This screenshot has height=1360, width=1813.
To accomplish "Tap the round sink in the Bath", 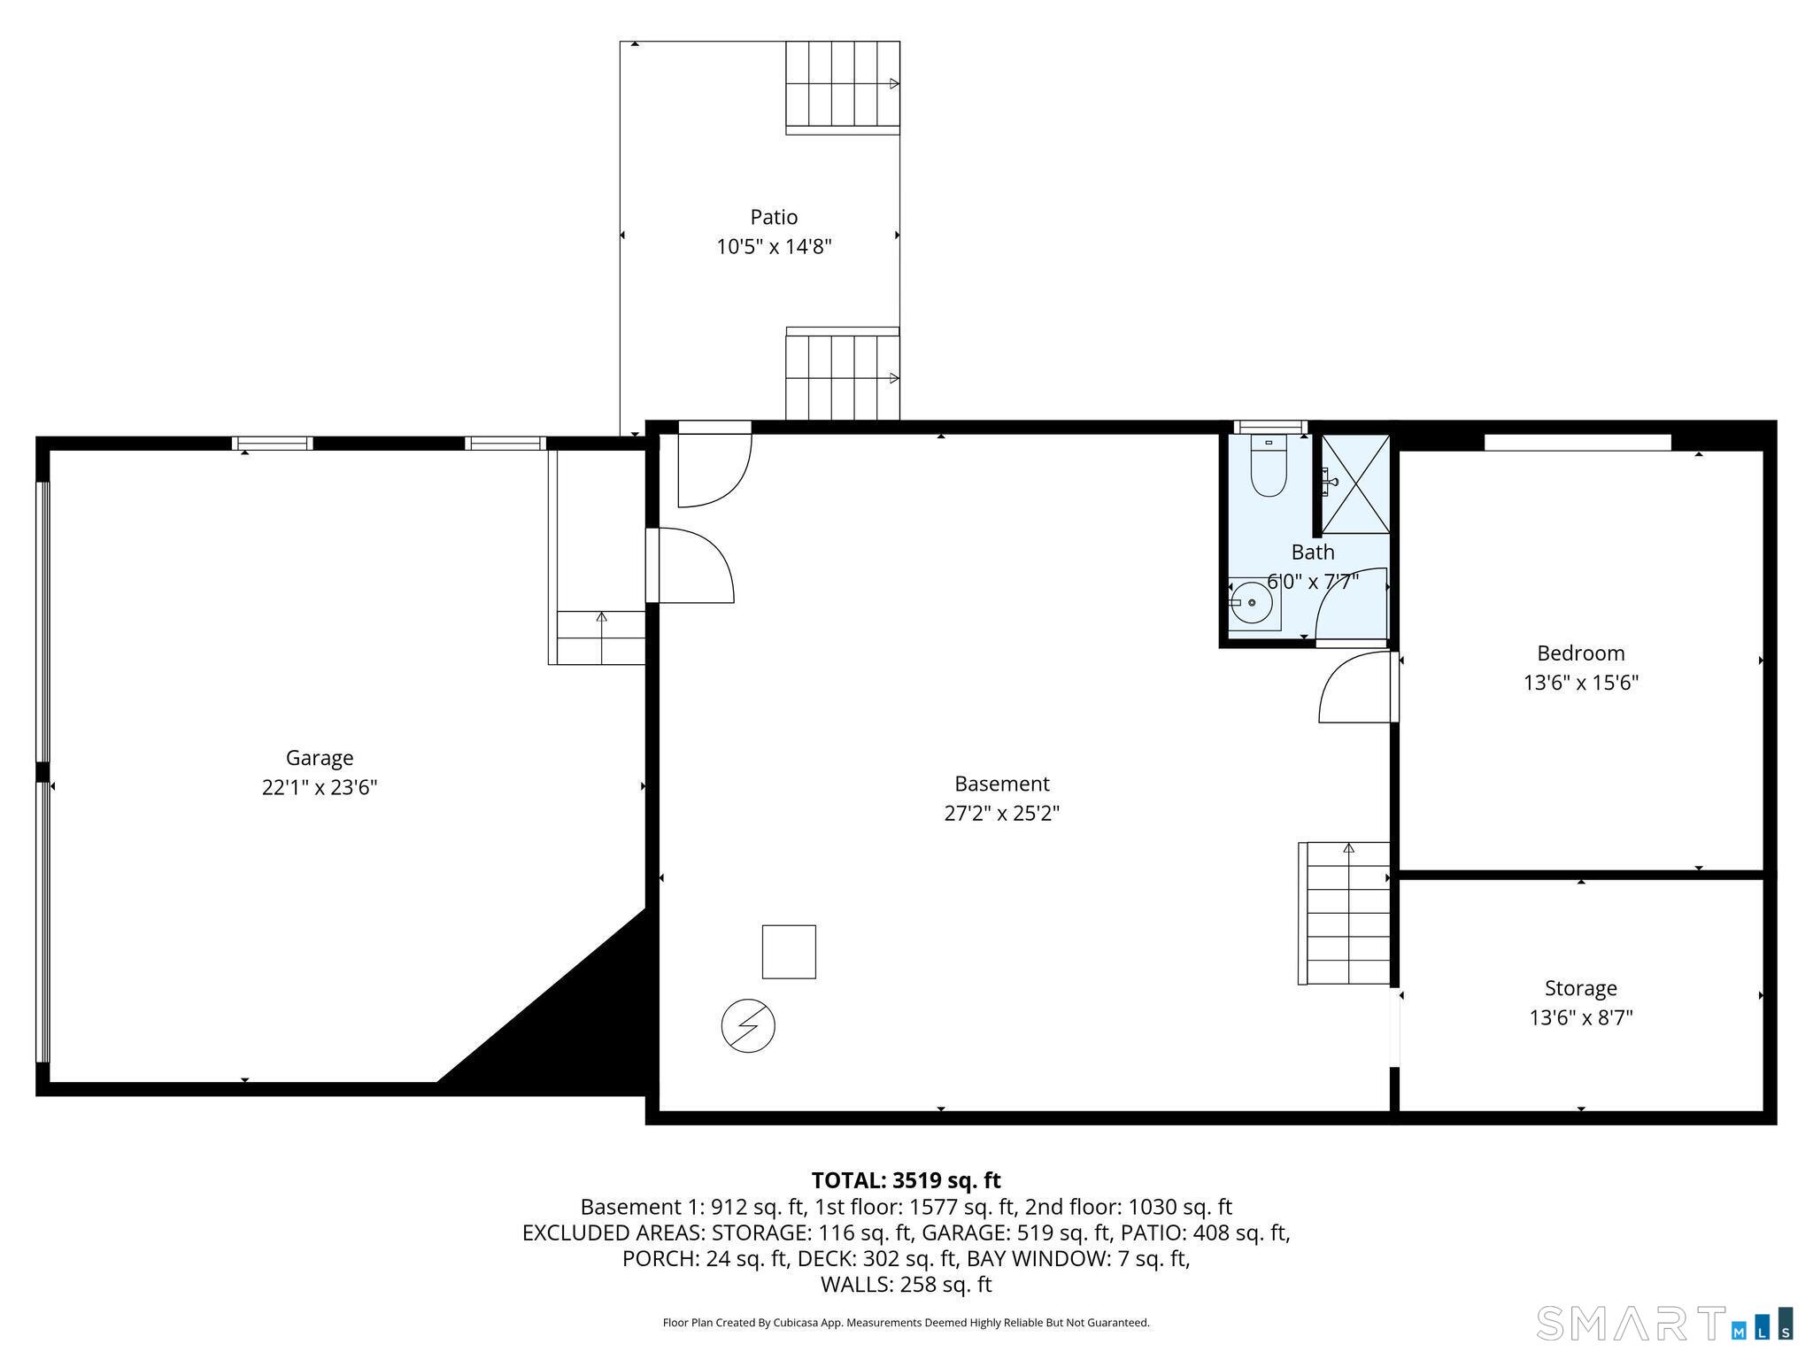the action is (1252, 603).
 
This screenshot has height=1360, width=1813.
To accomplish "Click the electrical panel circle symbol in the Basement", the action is (748, 1026).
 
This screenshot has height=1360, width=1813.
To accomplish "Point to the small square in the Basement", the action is (789, 952).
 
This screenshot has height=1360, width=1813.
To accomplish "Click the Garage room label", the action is (320, 758).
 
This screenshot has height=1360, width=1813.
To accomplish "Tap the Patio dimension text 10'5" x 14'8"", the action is (775, 246).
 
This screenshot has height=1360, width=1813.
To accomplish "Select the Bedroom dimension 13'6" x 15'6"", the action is (1581, 683).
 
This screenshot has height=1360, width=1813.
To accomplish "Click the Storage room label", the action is (1581, 988).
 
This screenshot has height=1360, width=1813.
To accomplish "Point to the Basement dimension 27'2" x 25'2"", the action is (1002, 813).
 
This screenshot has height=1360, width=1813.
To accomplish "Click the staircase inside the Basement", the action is (1344, 913).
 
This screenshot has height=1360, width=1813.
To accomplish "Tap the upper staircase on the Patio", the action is (843, 88).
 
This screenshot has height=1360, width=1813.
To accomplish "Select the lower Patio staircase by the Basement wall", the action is (843, 374).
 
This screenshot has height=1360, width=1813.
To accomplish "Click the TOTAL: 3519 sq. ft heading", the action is (906, 1180).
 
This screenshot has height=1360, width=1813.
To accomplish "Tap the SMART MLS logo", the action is (1665, 1324).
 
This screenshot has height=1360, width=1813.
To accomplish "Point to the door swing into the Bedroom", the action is (1354, 687).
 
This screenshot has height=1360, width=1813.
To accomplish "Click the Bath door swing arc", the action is (1351, 603).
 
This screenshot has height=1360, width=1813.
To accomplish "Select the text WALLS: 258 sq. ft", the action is (906, 1284).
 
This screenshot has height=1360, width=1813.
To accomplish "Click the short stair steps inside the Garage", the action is (601, 637).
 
